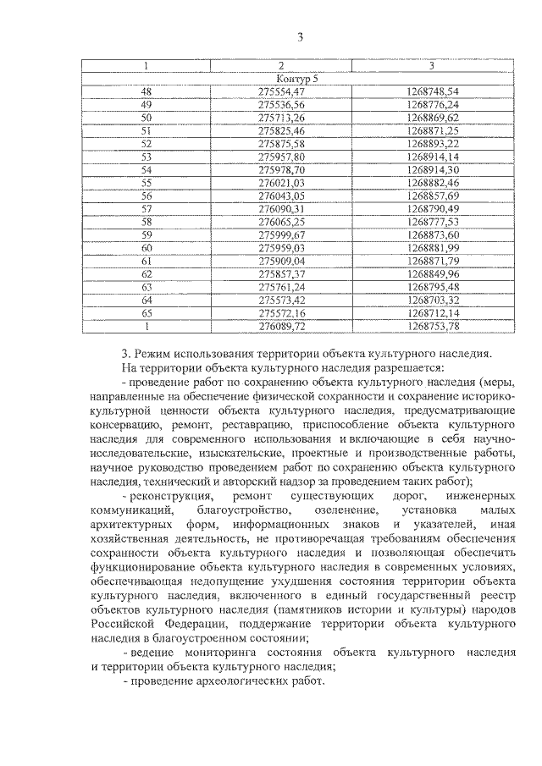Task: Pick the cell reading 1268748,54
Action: coord(432,90)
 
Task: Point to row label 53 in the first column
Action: coord(146,156)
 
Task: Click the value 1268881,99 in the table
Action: coord(432,247)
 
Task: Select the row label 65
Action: coord(146,312)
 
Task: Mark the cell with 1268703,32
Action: coord(432,300)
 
